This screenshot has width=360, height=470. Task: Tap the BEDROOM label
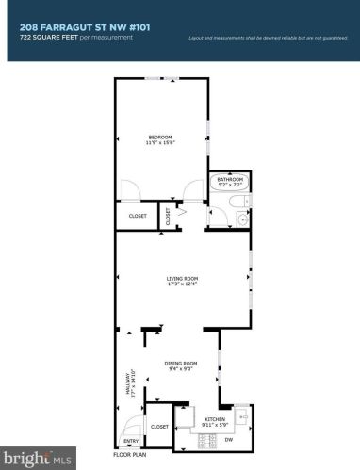[x=160, y=137]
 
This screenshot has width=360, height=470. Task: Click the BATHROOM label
[x=231, y=179]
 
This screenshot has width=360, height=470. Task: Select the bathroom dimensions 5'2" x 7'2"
[x=231, y=185]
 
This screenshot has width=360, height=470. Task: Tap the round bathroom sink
[x=242, y=219]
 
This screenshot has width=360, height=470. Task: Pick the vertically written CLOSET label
[x=169, y=216]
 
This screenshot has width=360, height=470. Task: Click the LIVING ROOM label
[x=182, y=279]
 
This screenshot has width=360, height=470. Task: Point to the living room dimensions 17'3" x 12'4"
[x=182, y=284]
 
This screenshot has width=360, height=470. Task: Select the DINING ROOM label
[x=182, y=362]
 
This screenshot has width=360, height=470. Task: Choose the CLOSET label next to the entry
[x=159, y=426]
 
